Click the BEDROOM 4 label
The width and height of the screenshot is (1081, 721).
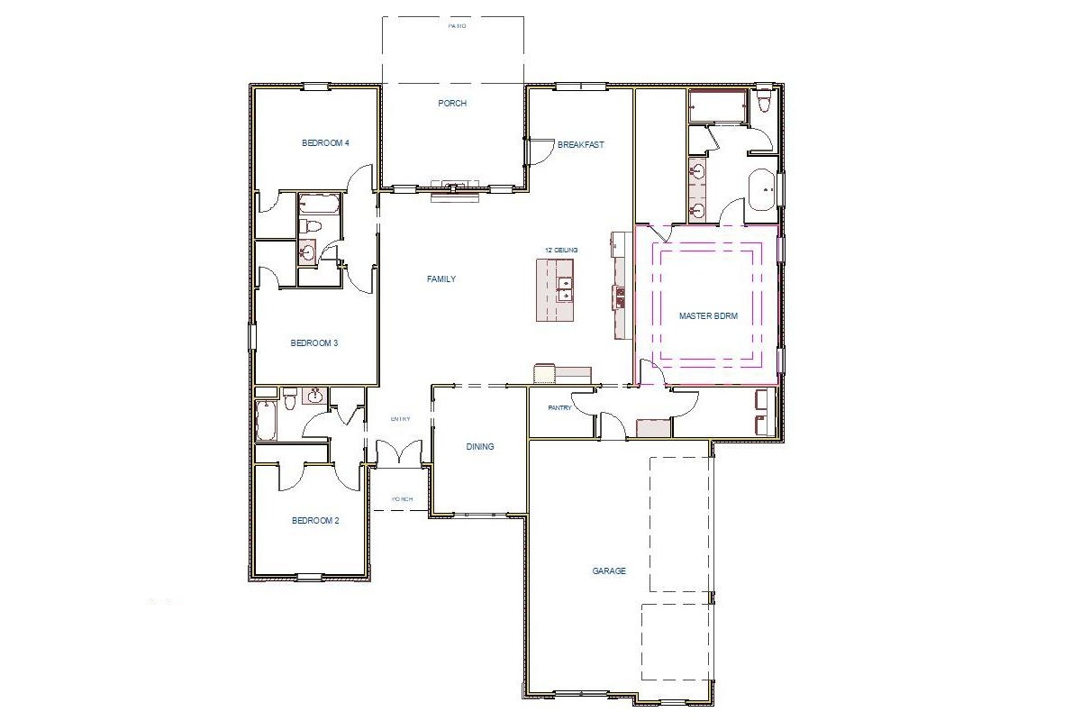[x=325, y=142]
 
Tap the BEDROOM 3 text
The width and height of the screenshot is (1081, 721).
[x=313, y=342]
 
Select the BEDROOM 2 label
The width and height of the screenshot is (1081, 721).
[x=314, y=520]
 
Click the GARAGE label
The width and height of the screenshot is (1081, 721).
[x=609, y=570]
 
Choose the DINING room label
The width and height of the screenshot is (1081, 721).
[x=480, y=446]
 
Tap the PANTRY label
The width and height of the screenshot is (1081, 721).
[x=559, y=407]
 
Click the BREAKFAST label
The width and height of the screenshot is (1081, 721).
[x=580, y=144]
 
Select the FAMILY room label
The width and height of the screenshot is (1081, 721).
[x=441, y=279]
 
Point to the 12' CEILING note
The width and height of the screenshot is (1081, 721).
[x=559, y=250]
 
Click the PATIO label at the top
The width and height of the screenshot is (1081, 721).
[x=458, y=26]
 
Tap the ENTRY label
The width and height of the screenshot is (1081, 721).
[x=401, y=419]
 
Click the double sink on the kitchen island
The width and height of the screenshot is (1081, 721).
[x=565, y=288]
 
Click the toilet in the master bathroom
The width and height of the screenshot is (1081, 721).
[x=765, y=100]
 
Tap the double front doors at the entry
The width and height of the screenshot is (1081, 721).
[x=399, y=453]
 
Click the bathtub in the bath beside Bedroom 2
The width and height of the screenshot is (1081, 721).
[x=266, y=419]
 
